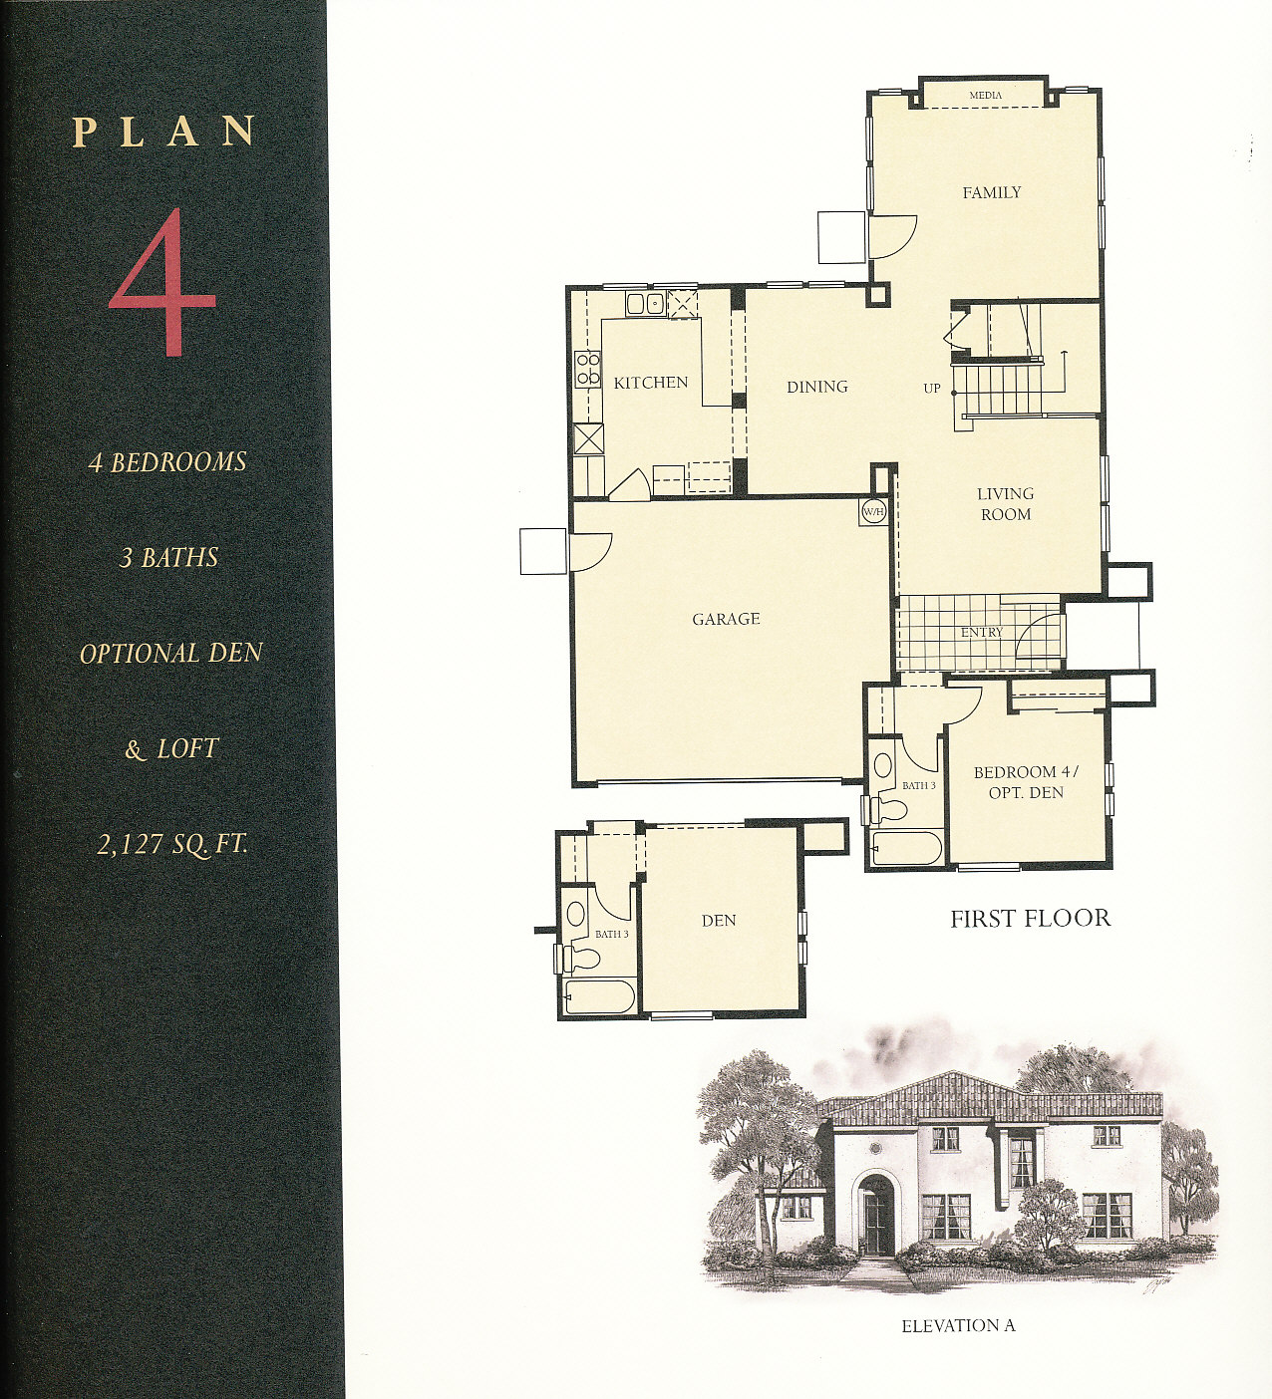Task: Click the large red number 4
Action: point(161,282)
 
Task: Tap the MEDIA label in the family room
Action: point(985,95)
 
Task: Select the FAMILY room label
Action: point(992,192)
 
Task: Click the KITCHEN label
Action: point(650,383)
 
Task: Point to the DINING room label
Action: point(817,387)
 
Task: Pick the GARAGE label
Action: point(726,619)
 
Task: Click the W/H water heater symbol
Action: point(873,511)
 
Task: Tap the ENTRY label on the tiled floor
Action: point(982,632)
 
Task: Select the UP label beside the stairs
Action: point(931,390)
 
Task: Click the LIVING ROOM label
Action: point(1006,504)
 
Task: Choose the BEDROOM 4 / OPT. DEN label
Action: point(1026,782)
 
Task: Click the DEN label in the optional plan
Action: point(719,921)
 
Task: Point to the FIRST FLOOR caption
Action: point(1030,919)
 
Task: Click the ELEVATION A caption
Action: point(958,1326)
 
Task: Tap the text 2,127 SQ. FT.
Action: point(171,845)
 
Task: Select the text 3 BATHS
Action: point(168,558)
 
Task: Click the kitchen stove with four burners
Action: point(587,369)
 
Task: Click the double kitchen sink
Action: point(645,304)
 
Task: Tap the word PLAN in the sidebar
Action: point(163,132)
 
